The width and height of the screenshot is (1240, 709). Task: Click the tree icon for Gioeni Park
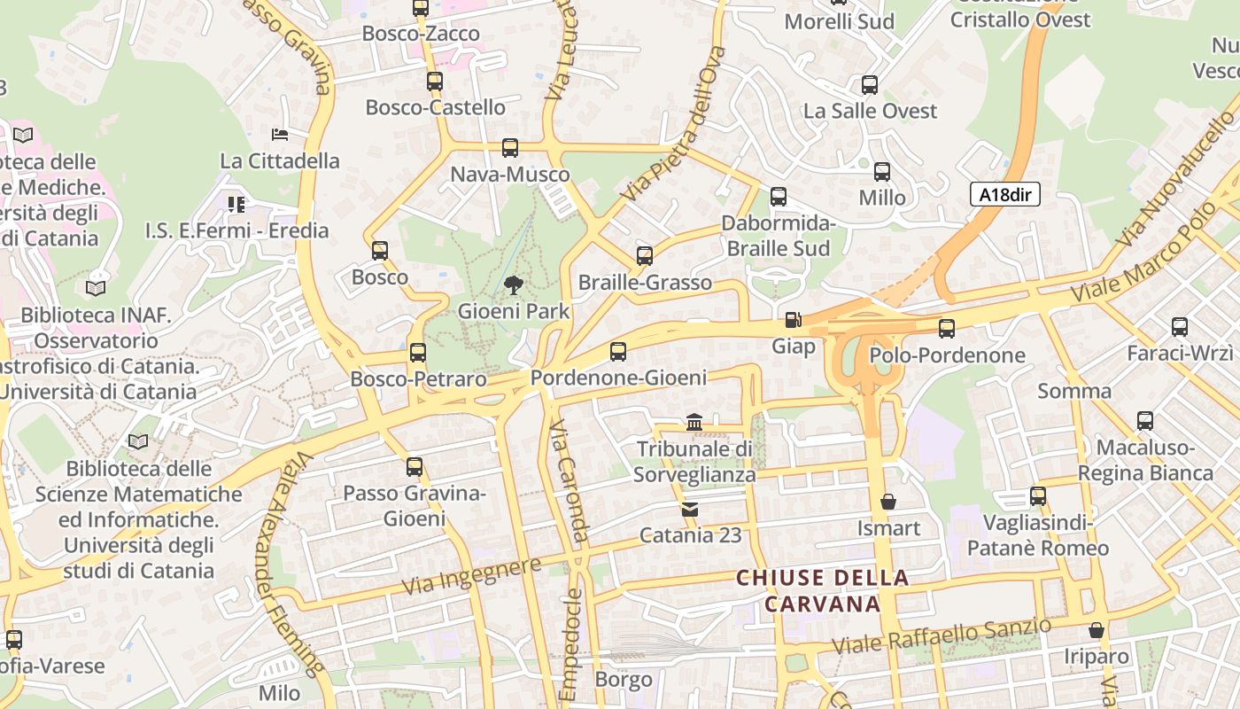[x=512, y=284]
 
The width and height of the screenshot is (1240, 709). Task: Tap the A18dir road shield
[x=1004, y=195]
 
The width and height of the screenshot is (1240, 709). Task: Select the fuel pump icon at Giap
[x=793, y=320]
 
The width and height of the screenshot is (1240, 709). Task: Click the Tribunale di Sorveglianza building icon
[x=694, y=423]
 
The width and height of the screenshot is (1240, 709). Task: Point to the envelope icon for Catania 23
[x=689, y=509]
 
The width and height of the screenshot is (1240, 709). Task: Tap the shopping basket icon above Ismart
[x=888, y=502]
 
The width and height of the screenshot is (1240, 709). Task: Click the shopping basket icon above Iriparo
[x=1097, y=630]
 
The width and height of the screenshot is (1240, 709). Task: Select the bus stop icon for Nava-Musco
[x=509, y=148]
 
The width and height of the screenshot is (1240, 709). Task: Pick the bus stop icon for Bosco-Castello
[x=434, y=82]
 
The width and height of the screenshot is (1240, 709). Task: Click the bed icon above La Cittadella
[x=280, y=135]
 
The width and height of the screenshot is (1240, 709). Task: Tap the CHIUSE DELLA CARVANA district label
[x=823, y=591]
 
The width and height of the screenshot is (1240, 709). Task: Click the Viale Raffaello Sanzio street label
[x=942, y=635]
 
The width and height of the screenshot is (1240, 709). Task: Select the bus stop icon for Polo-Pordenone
[x=947, y=329]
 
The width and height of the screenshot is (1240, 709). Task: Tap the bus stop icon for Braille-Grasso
[x=645, y=256]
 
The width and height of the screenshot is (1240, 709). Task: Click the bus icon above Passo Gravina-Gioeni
[x=414, y=467]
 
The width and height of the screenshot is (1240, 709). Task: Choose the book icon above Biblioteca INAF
[x=96, y=288]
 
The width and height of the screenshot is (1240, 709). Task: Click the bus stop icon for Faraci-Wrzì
[x=1180, y=327]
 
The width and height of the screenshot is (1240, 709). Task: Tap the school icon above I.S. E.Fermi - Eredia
[x=236, y=205]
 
